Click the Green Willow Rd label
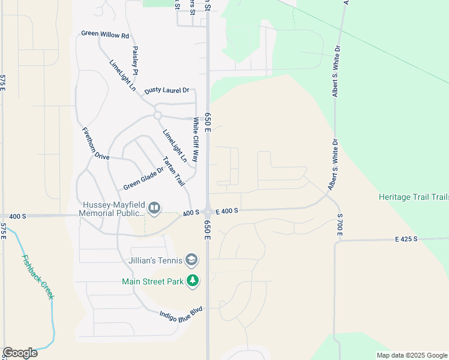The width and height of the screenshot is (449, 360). [105, 35]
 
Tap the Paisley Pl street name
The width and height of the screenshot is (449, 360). [136, 61]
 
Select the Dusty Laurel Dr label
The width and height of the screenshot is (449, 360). [166, 91]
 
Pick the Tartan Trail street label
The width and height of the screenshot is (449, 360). [174, 172]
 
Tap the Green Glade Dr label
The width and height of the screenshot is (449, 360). [143, 178]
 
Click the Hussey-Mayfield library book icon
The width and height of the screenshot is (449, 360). [154, 208]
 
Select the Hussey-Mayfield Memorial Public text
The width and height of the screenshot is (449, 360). [113, 208]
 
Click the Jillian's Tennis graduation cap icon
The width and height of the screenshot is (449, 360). [191, 260]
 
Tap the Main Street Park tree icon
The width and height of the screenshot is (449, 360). [192, 280]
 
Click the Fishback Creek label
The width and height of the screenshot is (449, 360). [38, 278]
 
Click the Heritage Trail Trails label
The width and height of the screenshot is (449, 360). [414, 197]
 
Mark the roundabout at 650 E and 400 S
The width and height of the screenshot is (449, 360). [208, 212]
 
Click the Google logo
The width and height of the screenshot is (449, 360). [20, 353]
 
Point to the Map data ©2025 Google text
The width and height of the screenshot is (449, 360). [411, 355]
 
